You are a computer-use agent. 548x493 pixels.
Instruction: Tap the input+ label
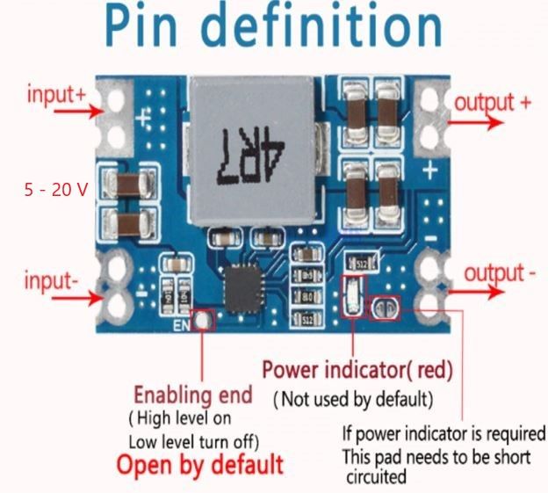click(x=55, y=94)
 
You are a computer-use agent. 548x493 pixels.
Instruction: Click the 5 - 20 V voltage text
click(x=54, y=189)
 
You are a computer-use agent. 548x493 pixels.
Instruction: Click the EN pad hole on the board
click(x=203, y=322)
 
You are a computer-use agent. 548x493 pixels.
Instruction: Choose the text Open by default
click(x=200, y=463)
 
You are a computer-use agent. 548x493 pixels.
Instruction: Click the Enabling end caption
click(x=192, y=393)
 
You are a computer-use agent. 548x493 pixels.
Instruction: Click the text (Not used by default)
click(x=353, y=400)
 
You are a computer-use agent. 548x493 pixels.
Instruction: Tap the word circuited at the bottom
click(x=376, y=477)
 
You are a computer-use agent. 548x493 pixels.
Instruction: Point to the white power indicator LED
click(x=352, y=294)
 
